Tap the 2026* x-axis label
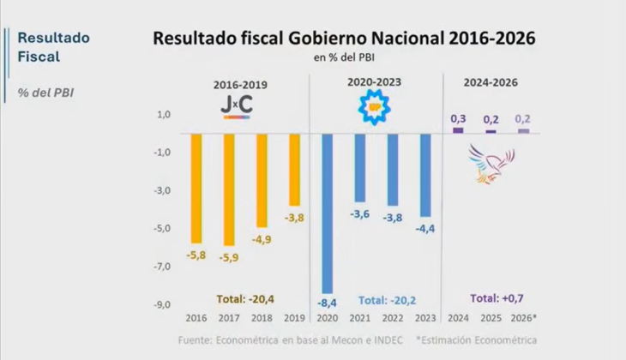coord(524,319)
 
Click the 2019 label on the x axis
coord(295,319)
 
